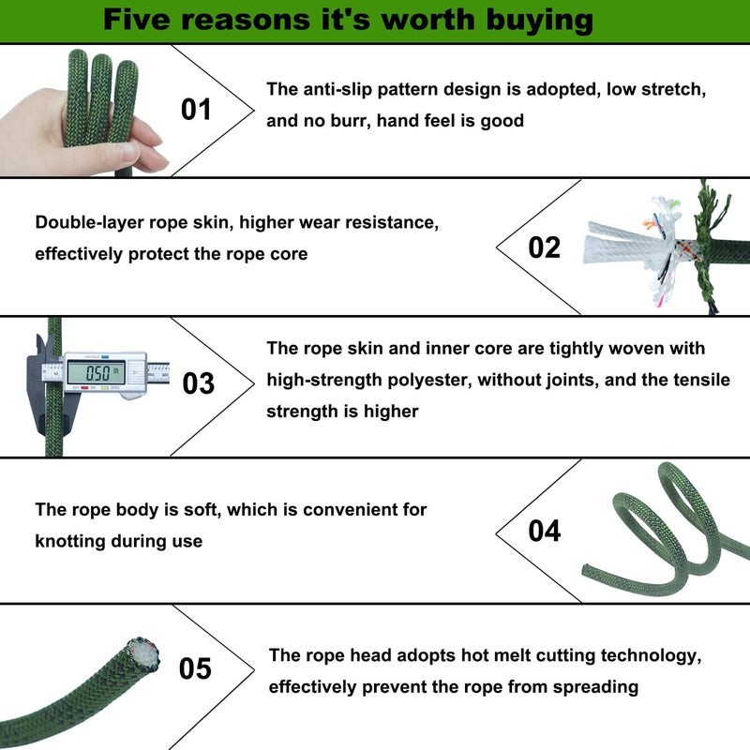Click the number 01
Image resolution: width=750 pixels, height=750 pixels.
196,110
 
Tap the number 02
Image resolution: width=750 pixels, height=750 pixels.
544,247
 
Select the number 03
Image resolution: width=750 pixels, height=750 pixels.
198,383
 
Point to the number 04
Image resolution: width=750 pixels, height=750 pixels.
545,531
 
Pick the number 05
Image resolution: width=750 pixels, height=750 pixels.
195,668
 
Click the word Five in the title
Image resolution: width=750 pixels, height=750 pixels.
135,20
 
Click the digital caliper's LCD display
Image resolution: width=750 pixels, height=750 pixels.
97,372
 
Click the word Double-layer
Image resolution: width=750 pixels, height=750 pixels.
89,223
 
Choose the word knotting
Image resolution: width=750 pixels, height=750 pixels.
70,542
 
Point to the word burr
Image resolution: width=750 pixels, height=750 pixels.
350,121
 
